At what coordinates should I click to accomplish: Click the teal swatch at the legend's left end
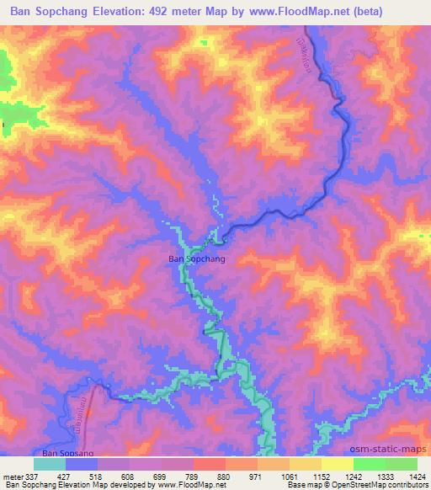click(49, 464)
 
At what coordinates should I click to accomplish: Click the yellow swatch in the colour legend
click(337, 464)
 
